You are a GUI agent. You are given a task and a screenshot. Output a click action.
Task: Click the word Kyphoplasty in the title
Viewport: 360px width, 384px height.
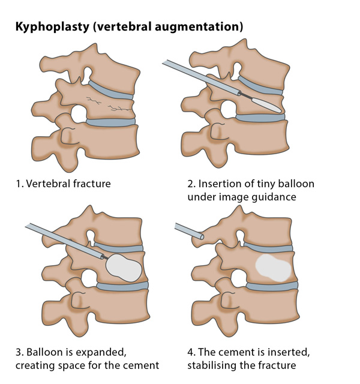(x=52, y=26)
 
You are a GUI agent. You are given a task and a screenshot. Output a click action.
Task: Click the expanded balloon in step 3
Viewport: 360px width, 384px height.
(x=124, y=268)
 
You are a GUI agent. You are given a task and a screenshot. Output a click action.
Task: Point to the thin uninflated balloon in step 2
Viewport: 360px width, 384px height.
(x=267, y=105)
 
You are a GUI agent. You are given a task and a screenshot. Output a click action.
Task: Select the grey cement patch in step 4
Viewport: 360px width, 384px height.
(x=274, y=268)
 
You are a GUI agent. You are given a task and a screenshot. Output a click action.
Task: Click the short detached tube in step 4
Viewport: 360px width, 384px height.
(x=189, y=231)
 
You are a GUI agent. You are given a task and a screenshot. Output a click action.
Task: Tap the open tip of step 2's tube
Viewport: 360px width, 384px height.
(x=239, y=92)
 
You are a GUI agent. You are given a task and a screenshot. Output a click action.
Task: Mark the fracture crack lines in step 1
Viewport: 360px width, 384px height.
(x=109, y=104)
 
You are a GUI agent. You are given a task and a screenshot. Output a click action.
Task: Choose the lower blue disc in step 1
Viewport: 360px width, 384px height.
(x=110, y=122)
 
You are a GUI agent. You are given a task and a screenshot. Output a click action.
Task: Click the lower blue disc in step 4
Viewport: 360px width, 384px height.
(x=272, y=286)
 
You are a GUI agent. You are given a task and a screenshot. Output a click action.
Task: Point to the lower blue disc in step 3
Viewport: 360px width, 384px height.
(x=122, y=286)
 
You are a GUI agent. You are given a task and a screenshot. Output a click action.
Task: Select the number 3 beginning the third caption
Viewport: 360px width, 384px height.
(x=19, y=352)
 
